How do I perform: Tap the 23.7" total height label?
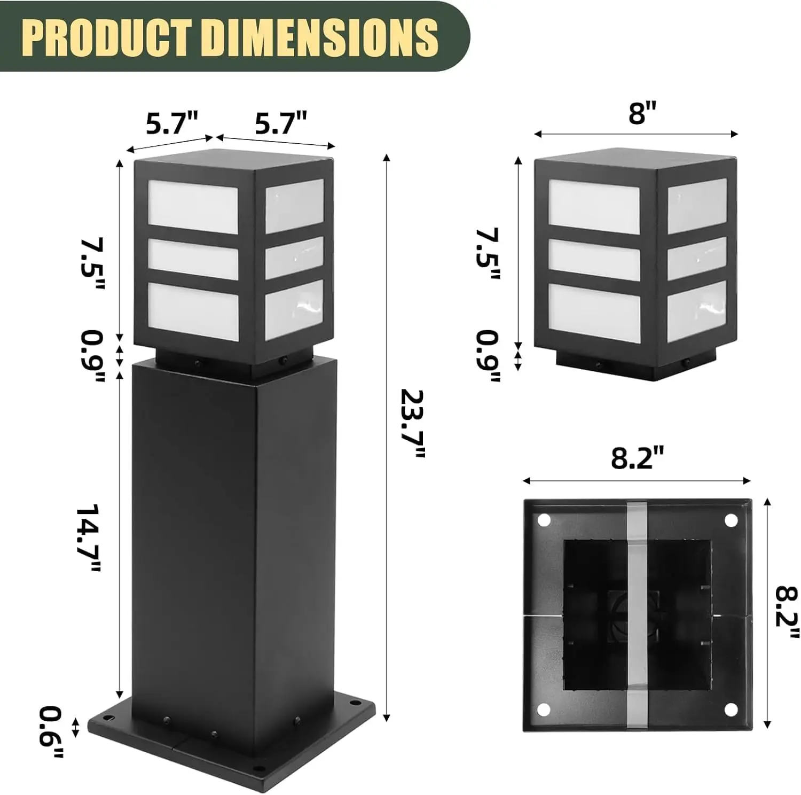(413, 424)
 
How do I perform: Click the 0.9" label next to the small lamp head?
(487, 356)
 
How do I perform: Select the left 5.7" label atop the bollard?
(172, 124)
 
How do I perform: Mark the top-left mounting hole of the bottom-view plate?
(544, 519)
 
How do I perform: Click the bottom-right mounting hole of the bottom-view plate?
(731, 710)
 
